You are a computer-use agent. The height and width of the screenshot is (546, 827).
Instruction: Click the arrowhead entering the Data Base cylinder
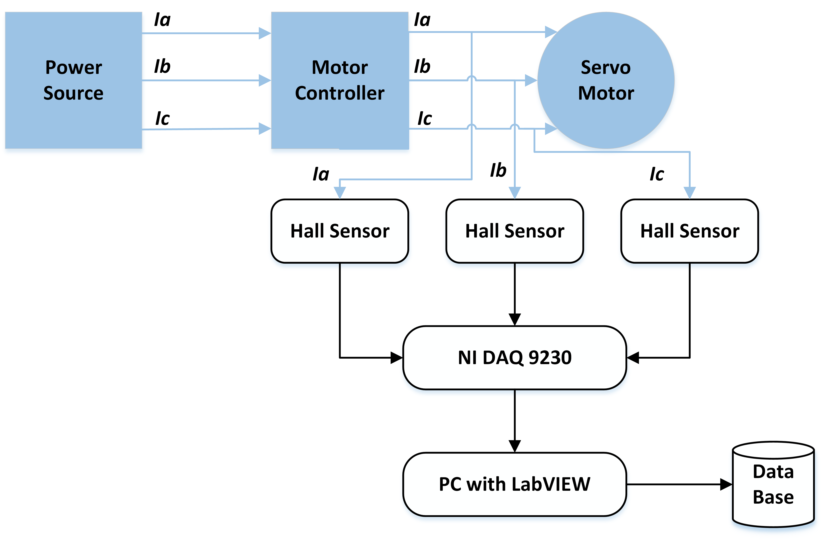pos(726,484)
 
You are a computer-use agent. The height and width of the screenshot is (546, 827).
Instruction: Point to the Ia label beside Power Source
pos(162,20)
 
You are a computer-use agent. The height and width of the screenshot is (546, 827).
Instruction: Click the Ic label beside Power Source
pos(162,118)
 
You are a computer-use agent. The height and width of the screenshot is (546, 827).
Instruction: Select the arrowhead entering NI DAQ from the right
pos(633,358)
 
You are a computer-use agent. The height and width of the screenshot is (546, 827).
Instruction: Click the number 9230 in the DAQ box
pos(550,358)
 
